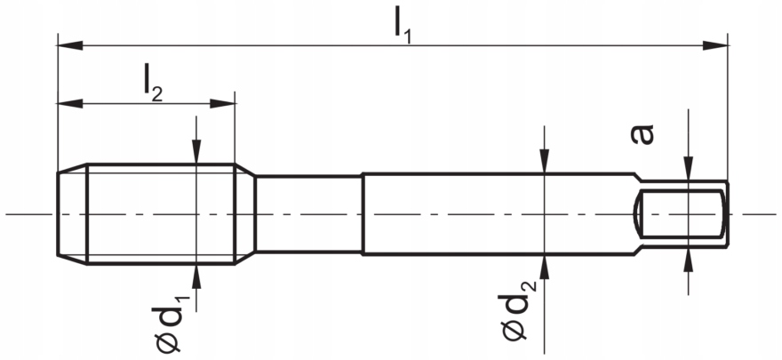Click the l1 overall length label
click(403, 24)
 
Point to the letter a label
click(642, 133)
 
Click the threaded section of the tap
click(160, 213)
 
